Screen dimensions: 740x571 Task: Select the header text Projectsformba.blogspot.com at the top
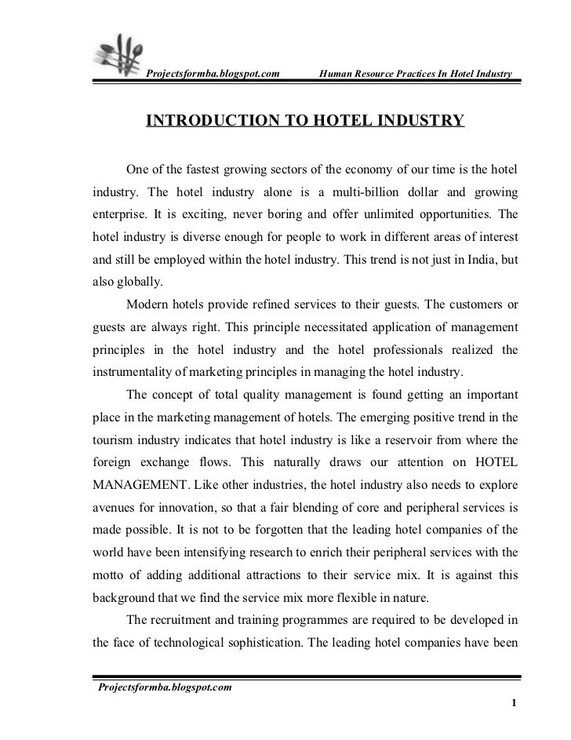[x=213, y=75]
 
